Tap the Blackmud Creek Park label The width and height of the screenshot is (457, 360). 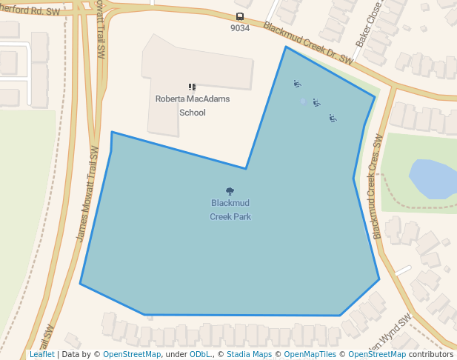(x=230, y=210)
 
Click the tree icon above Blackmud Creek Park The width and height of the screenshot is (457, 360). (x=230, y=191)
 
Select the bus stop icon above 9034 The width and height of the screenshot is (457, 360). (x=239, y=17)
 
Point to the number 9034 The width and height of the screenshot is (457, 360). (x=240, y=28)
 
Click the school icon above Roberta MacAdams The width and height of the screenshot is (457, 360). (x=192, y=87)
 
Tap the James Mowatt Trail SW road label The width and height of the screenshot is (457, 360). (x=87, y=193)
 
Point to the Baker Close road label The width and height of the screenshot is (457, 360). (x=367, y=33)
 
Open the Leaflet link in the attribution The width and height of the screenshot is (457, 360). (x=42, y=354)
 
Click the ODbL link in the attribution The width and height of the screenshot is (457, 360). (x=200, y=354)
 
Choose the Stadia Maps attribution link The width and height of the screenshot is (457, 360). (x=249, y=354)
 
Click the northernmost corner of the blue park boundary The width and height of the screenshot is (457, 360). (x=285, y=47)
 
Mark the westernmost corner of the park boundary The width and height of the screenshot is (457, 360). (x=80, y=283)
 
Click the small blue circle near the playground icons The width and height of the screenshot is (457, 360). (x=302, y=101)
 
